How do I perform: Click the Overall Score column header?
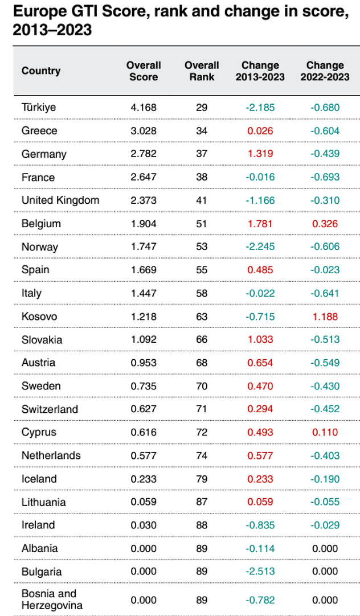tap(144, 71)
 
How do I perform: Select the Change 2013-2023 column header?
tap(260, 71)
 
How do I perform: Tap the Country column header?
tap(41, 71)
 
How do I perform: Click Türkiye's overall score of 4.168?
tap(144, 108)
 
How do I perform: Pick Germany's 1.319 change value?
tap(260, 154)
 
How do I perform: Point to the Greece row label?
tap(39, 131)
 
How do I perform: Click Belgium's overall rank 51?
tap(202, 224)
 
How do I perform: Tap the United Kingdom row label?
tap(60, 200)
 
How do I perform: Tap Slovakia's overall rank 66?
tap(202, 340)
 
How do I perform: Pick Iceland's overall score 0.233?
tap(144, 479)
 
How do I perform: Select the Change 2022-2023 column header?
tap(325, 71)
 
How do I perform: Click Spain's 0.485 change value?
tap(260, 270)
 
